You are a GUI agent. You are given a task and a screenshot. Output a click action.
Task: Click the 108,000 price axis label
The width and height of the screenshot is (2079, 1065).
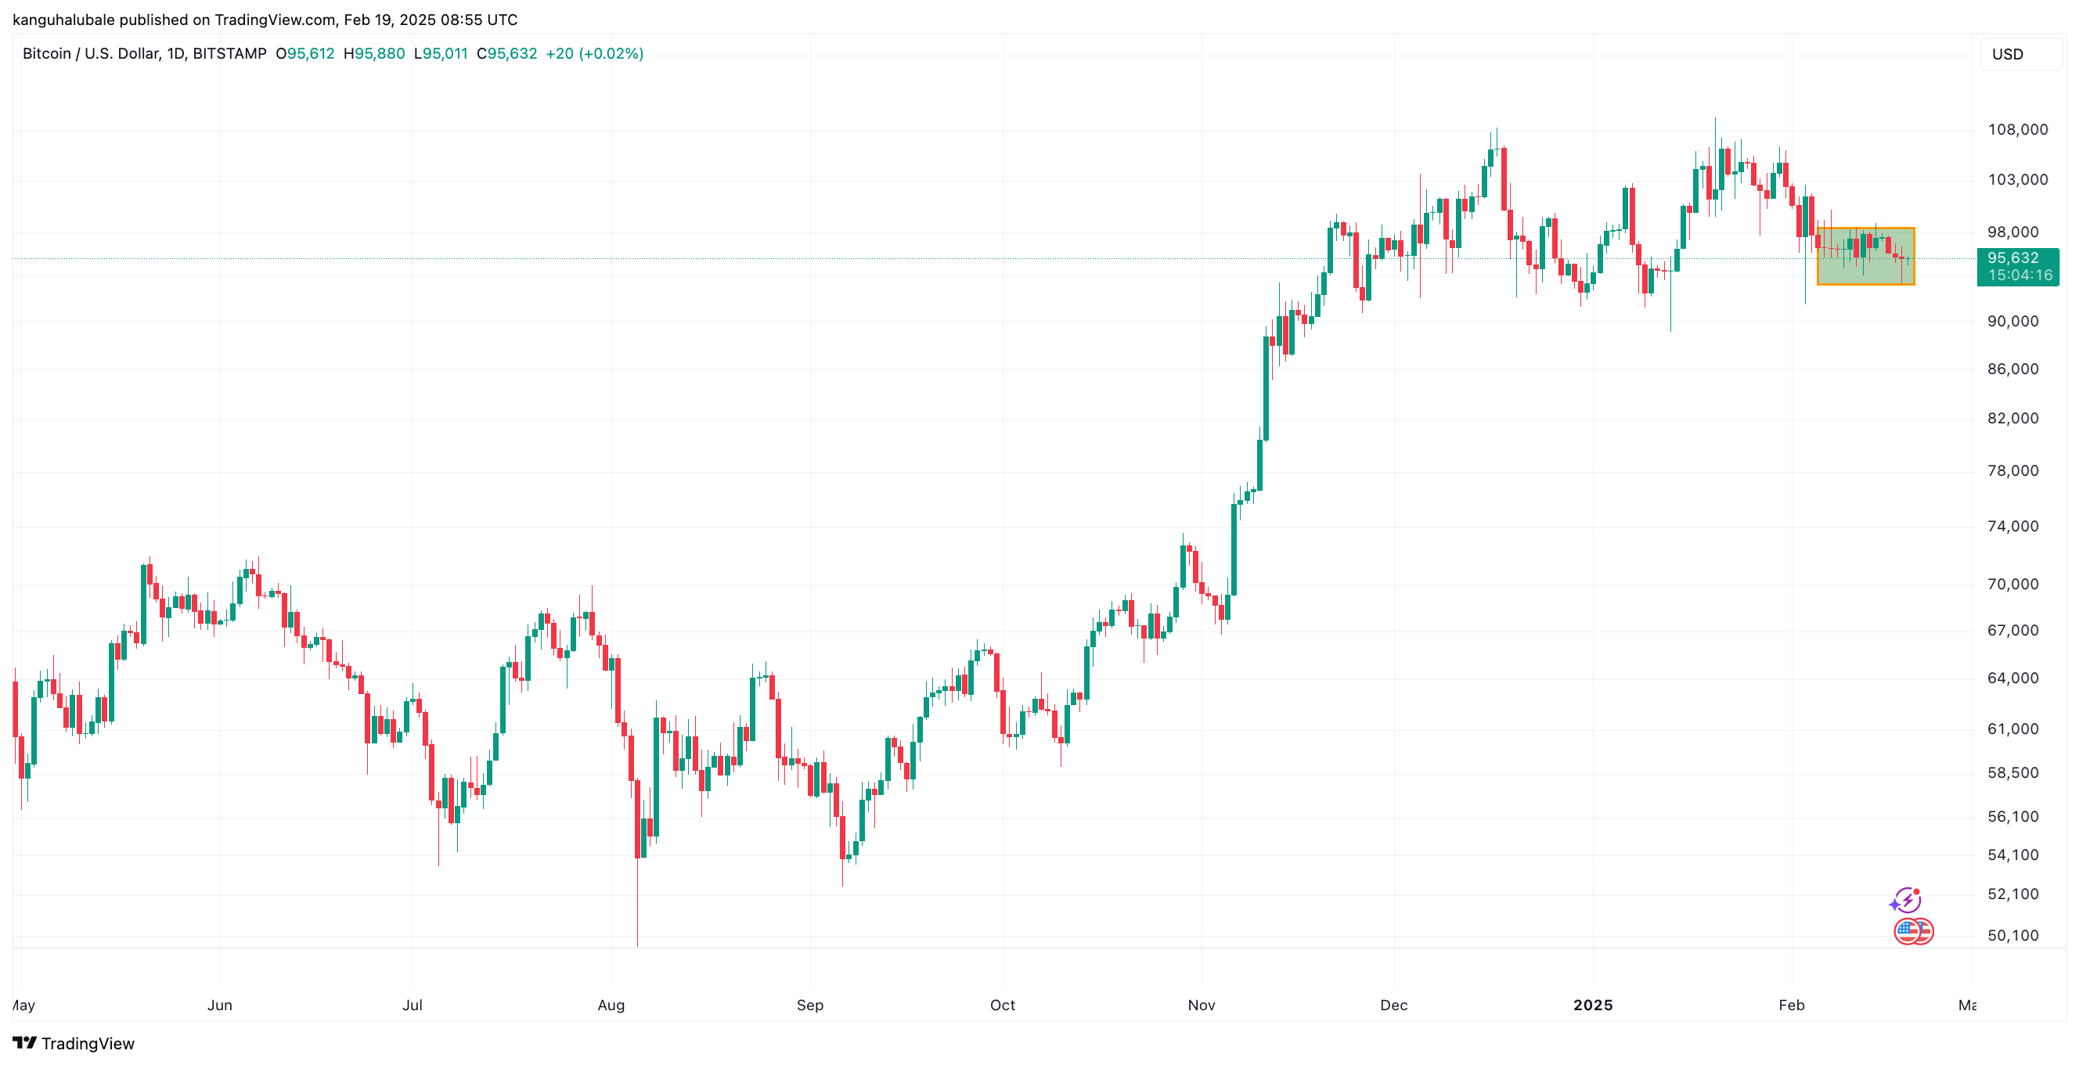[2017, 130]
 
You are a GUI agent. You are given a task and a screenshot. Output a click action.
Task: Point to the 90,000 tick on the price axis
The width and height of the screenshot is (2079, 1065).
[2012, 321]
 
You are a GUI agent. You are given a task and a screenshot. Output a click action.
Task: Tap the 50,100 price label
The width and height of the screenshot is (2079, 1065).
[2012, 935]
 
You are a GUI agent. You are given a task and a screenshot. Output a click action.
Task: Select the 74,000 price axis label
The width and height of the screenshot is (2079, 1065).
[2012, 526]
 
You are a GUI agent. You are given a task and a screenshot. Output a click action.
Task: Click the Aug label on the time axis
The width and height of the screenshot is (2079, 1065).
[611, 1005]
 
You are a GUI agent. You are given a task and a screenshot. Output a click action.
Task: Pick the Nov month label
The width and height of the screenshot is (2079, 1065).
[1201, 1005]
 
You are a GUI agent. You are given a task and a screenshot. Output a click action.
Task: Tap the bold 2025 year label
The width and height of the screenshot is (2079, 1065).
[1592, 1005]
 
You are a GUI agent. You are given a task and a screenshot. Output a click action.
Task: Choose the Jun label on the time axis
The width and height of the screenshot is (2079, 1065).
[219, 1005]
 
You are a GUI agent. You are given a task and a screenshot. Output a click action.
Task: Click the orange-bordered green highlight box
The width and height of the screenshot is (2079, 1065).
[1865, 256]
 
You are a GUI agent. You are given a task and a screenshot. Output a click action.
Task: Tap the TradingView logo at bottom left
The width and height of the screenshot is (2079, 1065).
[74, 1043]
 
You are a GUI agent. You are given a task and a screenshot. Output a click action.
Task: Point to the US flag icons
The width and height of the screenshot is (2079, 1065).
[1913, 931]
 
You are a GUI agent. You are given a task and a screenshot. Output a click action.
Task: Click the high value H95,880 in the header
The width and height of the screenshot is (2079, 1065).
[373, 54]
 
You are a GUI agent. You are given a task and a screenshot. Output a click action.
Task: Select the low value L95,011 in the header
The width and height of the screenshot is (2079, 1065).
[440, 54]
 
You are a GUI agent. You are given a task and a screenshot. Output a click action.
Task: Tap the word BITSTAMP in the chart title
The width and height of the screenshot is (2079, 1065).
[229, 54]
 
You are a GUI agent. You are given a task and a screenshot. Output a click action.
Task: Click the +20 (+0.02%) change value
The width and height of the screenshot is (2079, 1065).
[594, 54]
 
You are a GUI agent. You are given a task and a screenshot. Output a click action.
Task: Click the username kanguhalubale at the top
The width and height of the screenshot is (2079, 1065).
[63, 20]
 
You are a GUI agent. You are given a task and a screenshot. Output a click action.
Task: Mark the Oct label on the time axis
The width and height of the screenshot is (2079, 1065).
[1003, 1005]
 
